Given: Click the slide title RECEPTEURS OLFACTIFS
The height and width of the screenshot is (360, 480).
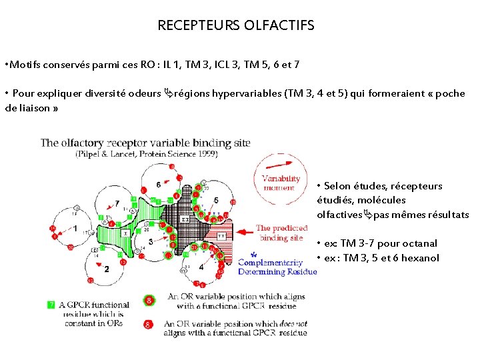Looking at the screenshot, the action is point(235,26).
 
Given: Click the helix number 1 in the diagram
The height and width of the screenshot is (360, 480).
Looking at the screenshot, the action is point(75,229).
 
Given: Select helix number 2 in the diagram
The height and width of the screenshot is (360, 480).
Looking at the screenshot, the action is point(107,269).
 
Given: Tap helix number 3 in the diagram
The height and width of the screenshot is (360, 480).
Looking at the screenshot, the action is point(151,241).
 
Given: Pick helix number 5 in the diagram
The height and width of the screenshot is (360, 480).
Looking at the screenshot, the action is point(216,200).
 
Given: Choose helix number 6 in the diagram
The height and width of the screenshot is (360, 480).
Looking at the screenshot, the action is point(158,184).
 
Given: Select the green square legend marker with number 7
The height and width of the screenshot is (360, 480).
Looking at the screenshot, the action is point(51,305).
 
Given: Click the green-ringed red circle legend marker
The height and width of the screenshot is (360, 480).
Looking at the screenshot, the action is point(149,301).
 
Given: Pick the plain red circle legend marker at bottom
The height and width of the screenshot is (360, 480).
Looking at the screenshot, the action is point(149,325).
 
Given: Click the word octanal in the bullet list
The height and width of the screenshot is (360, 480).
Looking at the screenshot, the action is point(421,243).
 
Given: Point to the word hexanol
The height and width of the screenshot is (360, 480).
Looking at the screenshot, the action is point(421,258).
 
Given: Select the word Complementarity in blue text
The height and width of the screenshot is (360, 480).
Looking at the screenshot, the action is point(271,263).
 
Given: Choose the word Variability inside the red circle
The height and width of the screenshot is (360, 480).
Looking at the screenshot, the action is point(281,179).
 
